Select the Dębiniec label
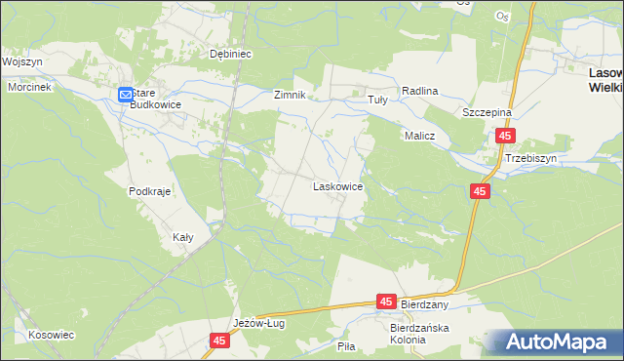[x=232, y=55]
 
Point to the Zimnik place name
[x=290, y=95]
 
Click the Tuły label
[x=376, y=100]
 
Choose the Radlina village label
[x=420, y=91]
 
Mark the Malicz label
[x=418, y=137]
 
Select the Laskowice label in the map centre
[x=337, y=185]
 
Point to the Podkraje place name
[x=149, y=191]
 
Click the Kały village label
[x=182, y=236]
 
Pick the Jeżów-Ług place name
[x=258, y=323]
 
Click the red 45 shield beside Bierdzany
[x=387, y=303]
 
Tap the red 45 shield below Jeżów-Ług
[x=219, y=341]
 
